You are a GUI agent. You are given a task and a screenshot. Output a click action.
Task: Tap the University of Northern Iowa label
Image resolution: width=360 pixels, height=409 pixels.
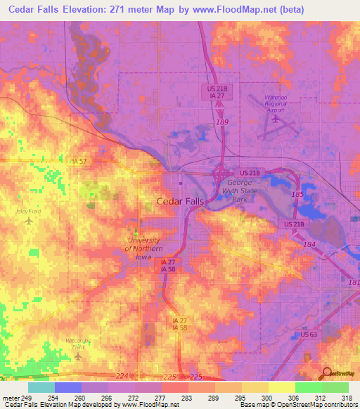tap(143, 243)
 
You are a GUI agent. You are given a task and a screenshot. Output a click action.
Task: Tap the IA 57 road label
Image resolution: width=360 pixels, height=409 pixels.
tap(79, 161)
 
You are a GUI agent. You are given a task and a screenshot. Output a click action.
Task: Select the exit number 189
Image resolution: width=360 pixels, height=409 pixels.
tap(223, 122)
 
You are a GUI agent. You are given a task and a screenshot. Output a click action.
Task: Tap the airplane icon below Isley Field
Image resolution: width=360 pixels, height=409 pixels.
tap(29, 221)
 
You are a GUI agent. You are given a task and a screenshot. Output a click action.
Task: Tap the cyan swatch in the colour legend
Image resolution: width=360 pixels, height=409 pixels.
tap(41, 387)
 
